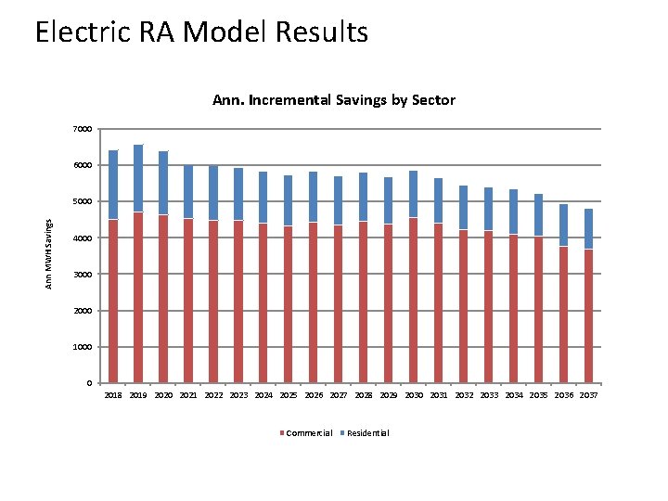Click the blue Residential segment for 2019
point(138,178)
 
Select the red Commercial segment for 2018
point(113,302)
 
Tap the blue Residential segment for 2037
point(589,229)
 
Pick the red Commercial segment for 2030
point(414,301)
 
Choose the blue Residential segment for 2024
point(263,198)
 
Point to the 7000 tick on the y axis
point(83,129)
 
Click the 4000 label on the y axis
point(83,238)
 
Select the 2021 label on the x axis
point(188,395)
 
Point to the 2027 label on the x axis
point(339,395)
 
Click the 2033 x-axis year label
point(489,395)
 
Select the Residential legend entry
point(368,433)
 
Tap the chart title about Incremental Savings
point(334,99)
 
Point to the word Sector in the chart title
point(432,99)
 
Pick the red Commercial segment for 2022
point(213,302)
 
